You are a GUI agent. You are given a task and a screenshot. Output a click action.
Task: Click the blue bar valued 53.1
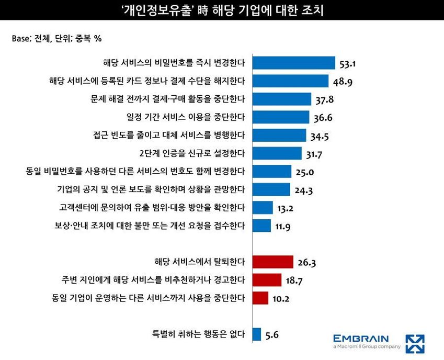pos(293,63)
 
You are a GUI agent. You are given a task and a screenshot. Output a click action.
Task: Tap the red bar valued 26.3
pos(272,262)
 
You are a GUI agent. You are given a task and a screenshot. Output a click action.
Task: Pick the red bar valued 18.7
pos(267,279)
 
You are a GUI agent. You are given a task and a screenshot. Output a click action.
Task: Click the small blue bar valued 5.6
pos(257,333)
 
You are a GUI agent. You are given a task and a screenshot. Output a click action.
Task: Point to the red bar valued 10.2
pos(260,298)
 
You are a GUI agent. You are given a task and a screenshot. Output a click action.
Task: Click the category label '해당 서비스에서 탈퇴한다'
pos(200,262)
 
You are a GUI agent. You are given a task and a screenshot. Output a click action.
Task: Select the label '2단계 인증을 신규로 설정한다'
pos(192,153)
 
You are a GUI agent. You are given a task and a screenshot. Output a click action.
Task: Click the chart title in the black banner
pos(222,10)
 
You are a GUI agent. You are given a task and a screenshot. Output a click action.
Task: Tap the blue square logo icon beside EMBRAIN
pos(415,343)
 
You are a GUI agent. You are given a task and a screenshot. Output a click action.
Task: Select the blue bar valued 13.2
pos(263,208)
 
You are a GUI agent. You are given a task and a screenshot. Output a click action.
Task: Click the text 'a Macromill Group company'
pos(367,346)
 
